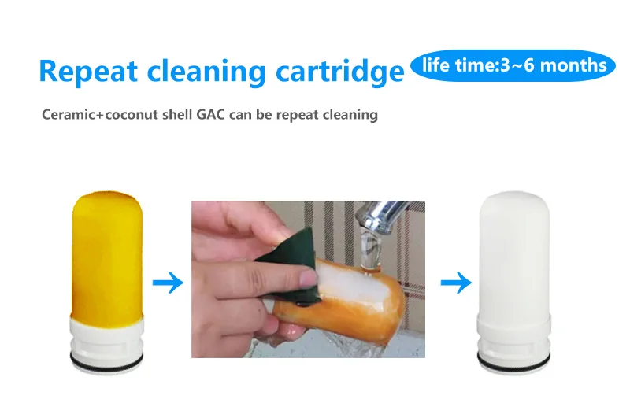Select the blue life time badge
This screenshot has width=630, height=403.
(x=513, y=65)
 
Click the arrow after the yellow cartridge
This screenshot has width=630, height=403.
(x=167, y=283)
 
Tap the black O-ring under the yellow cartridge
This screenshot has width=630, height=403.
(x=107, y=359)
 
